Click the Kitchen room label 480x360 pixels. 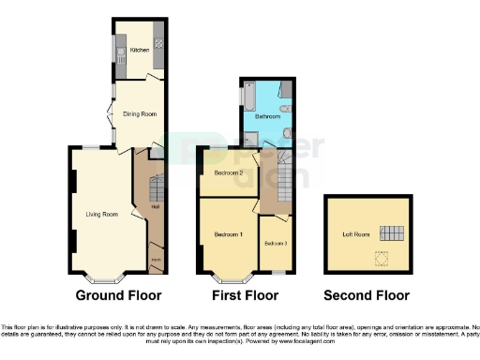click(139, 50)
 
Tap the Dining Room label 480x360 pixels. click(140, 114)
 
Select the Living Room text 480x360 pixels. click(102, 214)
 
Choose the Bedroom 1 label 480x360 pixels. click(228, 233)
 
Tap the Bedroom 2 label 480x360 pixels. click(228, 173)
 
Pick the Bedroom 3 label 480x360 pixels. click(274, 244)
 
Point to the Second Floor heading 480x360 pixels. click(367, 296)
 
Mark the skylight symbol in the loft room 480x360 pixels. click(381, 254)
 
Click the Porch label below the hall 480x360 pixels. click(157, 259)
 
